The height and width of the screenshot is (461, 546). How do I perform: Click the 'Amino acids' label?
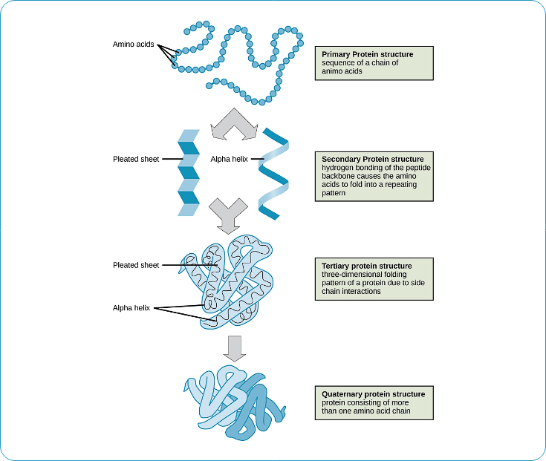(x=133, y=45)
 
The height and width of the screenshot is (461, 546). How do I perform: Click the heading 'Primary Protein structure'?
(x=367, y=54)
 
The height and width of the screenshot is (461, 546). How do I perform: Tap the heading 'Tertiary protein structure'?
(x=366, y=266)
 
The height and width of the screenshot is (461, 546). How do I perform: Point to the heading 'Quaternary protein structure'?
(x=374, y=393)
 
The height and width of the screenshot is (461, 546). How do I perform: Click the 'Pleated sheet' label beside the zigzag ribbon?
(x=136, y=159)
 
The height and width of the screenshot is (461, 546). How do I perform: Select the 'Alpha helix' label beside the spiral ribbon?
(x=230, y=159)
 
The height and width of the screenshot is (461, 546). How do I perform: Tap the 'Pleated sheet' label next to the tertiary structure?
(x=136, y=265)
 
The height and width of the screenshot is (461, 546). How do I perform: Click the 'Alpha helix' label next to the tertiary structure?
(x=131, y=307)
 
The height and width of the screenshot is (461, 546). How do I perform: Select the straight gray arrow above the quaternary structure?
(x=235, y=348)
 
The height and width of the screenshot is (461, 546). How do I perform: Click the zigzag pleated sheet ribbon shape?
(x=189, y=172)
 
